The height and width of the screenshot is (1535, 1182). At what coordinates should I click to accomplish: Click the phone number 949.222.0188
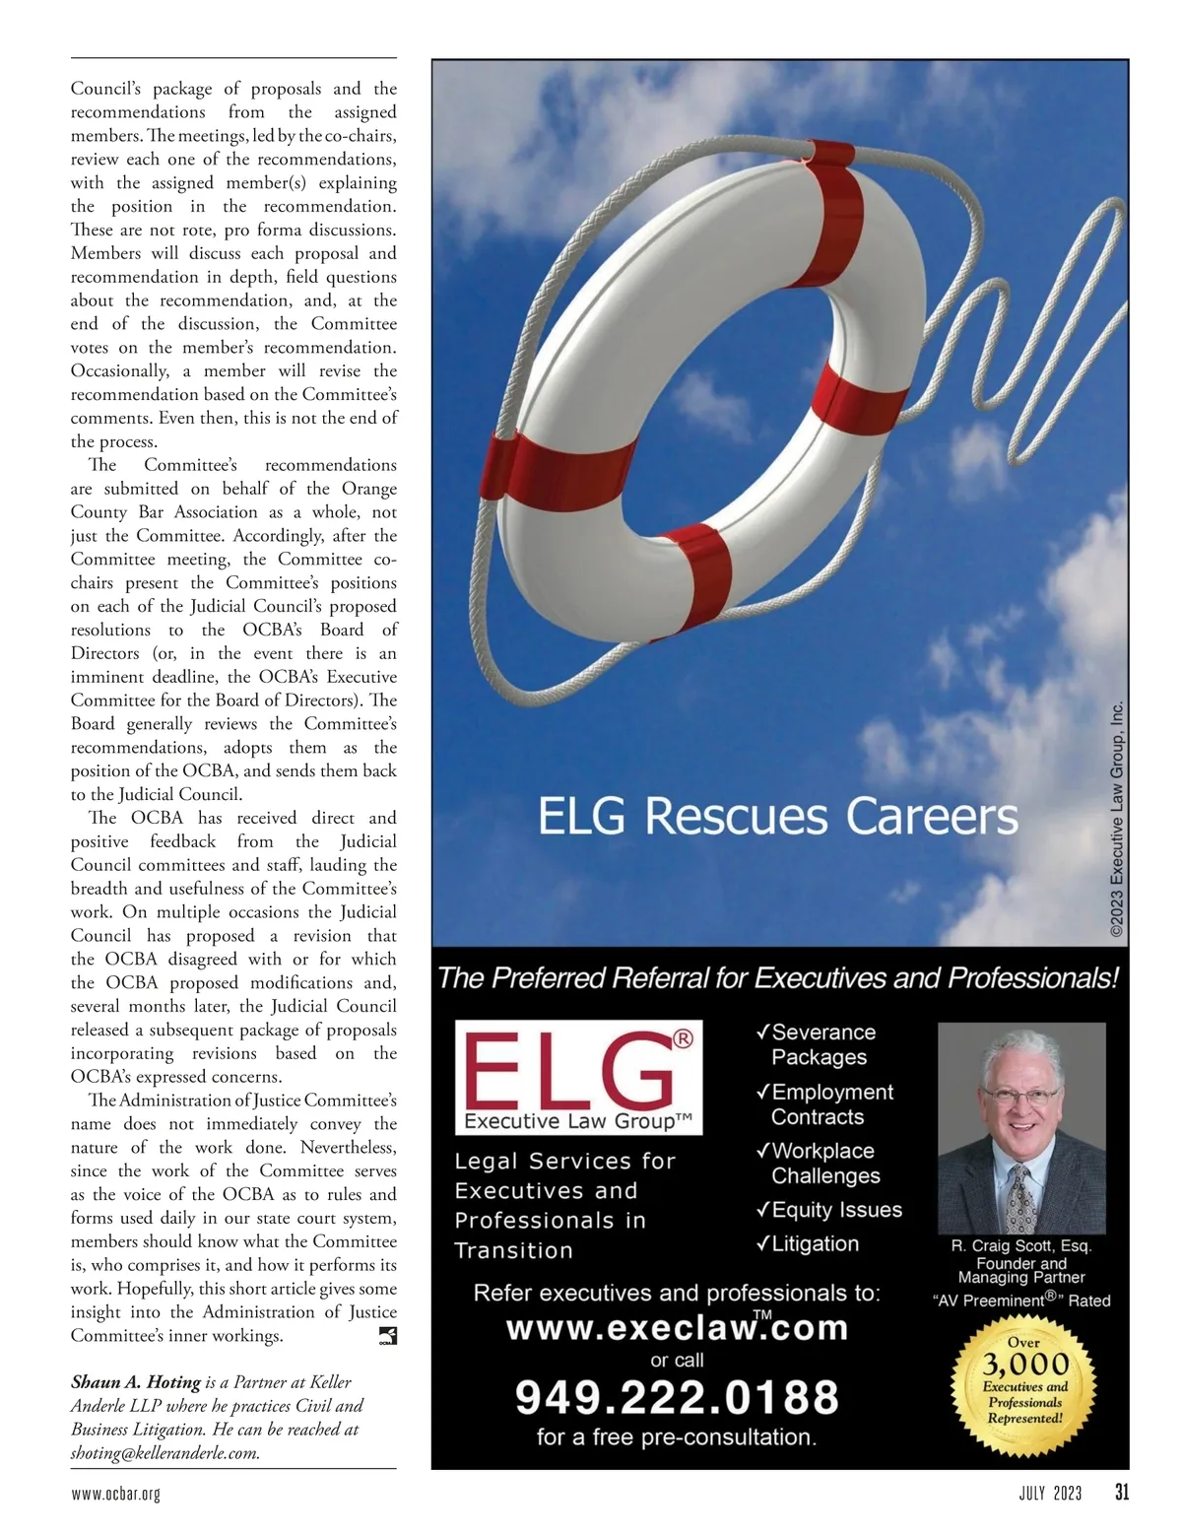point(677,1397)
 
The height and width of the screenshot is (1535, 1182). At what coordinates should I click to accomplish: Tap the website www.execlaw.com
point(677,1328)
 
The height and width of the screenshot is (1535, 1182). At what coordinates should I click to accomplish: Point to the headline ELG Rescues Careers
point(777,817)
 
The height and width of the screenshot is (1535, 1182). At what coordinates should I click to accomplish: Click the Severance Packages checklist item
point(819,1044)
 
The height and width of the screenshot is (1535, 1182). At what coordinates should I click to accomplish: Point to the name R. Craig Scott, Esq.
point(1021,1246)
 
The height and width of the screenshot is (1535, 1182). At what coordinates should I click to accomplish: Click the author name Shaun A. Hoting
point(136,1382)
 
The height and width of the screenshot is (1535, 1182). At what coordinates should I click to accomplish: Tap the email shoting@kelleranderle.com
point(165,1452)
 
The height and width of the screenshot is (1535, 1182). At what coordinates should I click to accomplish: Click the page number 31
point(1122,1493)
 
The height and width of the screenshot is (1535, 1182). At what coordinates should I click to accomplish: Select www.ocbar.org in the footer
point(115,1494)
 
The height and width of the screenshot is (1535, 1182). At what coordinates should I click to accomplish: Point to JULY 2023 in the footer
point(1050,1494)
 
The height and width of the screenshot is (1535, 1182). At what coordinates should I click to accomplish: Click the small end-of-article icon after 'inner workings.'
point(387,1336)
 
